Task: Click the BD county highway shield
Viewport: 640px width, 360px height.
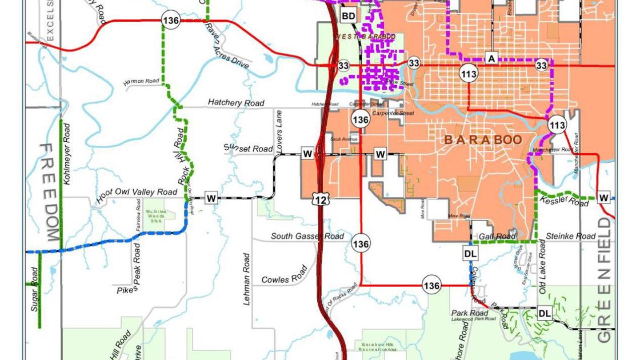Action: click(x=348, y=16)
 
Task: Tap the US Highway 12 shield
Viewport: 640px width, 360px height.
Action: click(x=321, y=199)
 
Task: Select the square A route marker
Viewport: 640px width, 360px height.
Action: click(x=491, y=58)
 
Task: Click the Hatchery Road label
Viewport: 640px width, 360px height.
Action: click(x=236, y=103)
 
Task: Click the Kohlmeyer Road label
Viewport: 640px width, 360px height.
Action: click(x=67, y=153)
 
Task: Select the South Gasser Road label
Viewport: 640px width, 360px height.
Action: click(x=307, y=236)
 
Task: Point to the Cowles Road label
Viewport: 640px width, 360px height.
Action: click(x=285, y=275)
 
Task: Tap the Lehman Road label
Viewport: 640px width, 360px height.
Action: click(x=247, y=279)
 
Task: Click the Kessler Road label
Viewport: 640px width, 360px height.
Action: click(x=564, y=201)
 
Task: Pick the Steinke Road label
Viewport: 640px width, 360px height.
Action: click(x=570, y=236)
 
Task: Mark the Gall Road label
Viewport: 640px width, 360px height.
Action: click(x=497, y=236)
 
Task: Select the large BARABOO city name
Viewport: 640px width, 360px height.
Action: click(x=483, y=140)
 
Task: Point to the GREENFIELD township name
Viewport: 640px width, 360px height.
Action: click(x=604, y=280)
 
